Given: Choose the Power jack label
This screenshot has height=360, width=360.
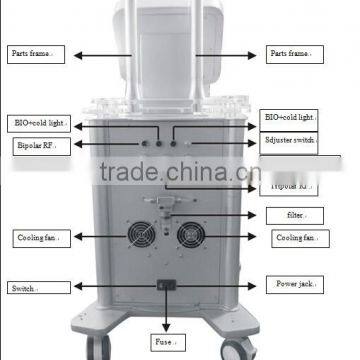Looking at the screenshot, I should click(294, 284).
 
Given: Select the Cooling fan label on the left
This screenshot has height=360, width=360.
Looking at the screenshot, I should click(37, 238).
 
